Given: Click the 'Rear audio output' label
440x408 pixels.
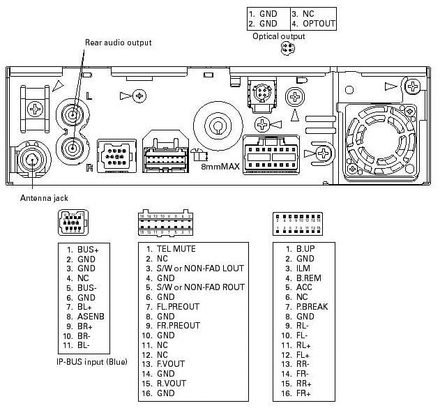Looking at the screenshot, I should (x=118, y=43).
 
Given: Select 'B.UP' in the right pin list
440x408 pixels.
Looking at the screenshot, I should (x=305, y=249).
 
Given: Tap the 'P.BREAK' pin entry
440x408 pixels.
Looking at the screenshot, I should (x=311, y=307).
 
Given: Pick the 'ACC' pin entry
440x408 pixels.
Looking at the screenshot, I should (x=304, y=287).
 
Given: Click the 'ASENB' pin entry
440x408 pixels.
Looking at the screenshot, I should (x=91, y=317).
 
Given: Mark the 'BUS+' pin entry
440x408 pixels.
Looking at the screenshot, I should (x=88, y=249).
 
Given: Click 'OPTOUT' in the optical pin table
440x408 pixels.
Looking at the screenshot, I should (x=319, y=24).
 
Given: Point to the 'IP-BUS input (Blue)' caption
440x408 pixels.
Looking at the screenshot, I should (x=91, y=362).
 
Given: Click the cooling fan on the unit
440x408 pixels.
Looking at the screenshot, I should (x=381, y=137).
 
